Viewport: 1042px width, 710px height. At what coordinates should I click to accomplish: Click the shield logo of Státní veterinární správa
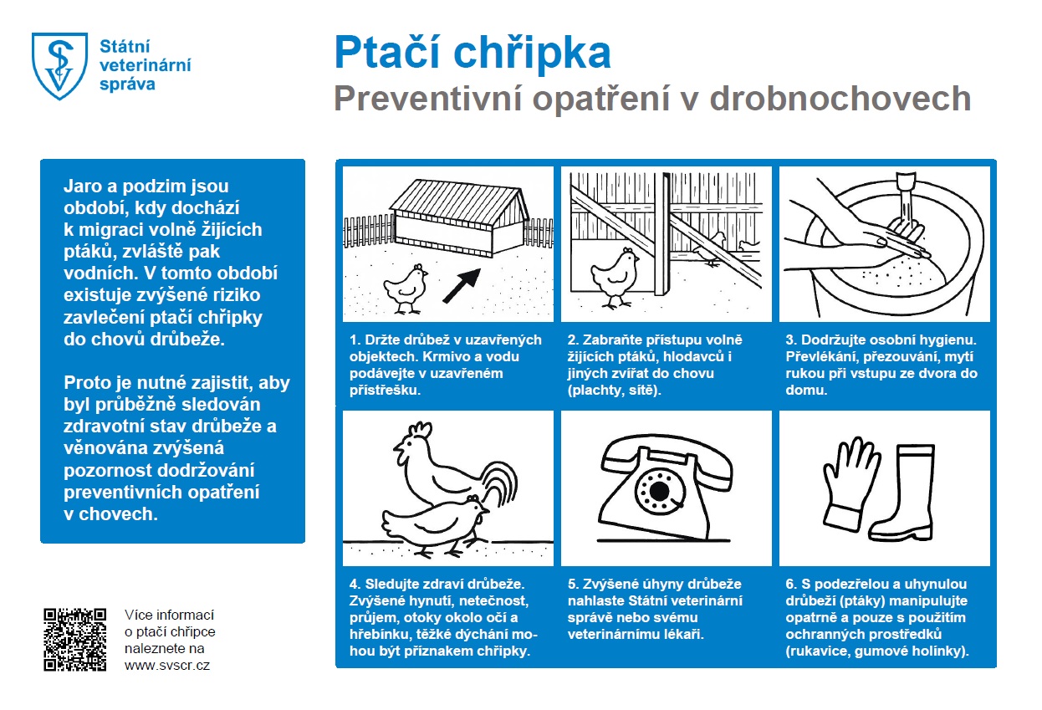pyautogui.click(x=59, y=65)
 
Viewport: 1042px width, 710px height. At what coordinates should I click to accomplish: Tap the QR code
pyautogui.click(x=74, y=639)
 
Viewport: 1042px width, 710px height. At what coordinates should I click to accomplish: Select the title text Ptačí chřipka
pyautogui.click(x=472, y=53)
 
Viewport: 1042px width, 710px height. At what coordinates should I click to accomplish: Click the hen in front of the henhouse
pyautogui.click(x=406, y=287)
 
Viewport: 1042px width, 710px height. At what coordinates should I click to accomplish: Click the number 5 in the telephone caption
pyautogui.click(x=571, y=584)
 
